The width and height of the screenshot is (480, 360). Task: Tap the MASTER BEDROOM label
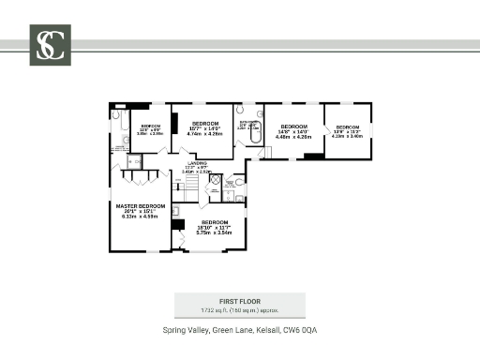pos(140,205)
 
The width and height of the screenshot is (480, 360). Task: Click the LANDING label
pos(197,163)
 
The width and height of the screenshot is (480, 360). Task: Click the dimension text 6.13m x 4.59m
pos(140,217)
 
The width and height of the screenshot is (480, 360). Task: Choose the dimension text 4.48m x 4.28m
pos(293,136)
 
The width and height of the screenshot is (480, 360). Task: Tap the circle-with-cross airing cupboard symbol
pos(215,178)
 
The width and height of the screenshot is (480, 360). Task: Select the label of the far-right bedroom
pos(348,127)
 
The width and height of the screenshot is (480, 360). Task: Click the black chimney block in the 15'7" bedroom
pos(174,120)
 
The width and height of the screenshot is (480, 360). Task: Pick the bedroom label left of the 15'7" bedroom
pos(151,126)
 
